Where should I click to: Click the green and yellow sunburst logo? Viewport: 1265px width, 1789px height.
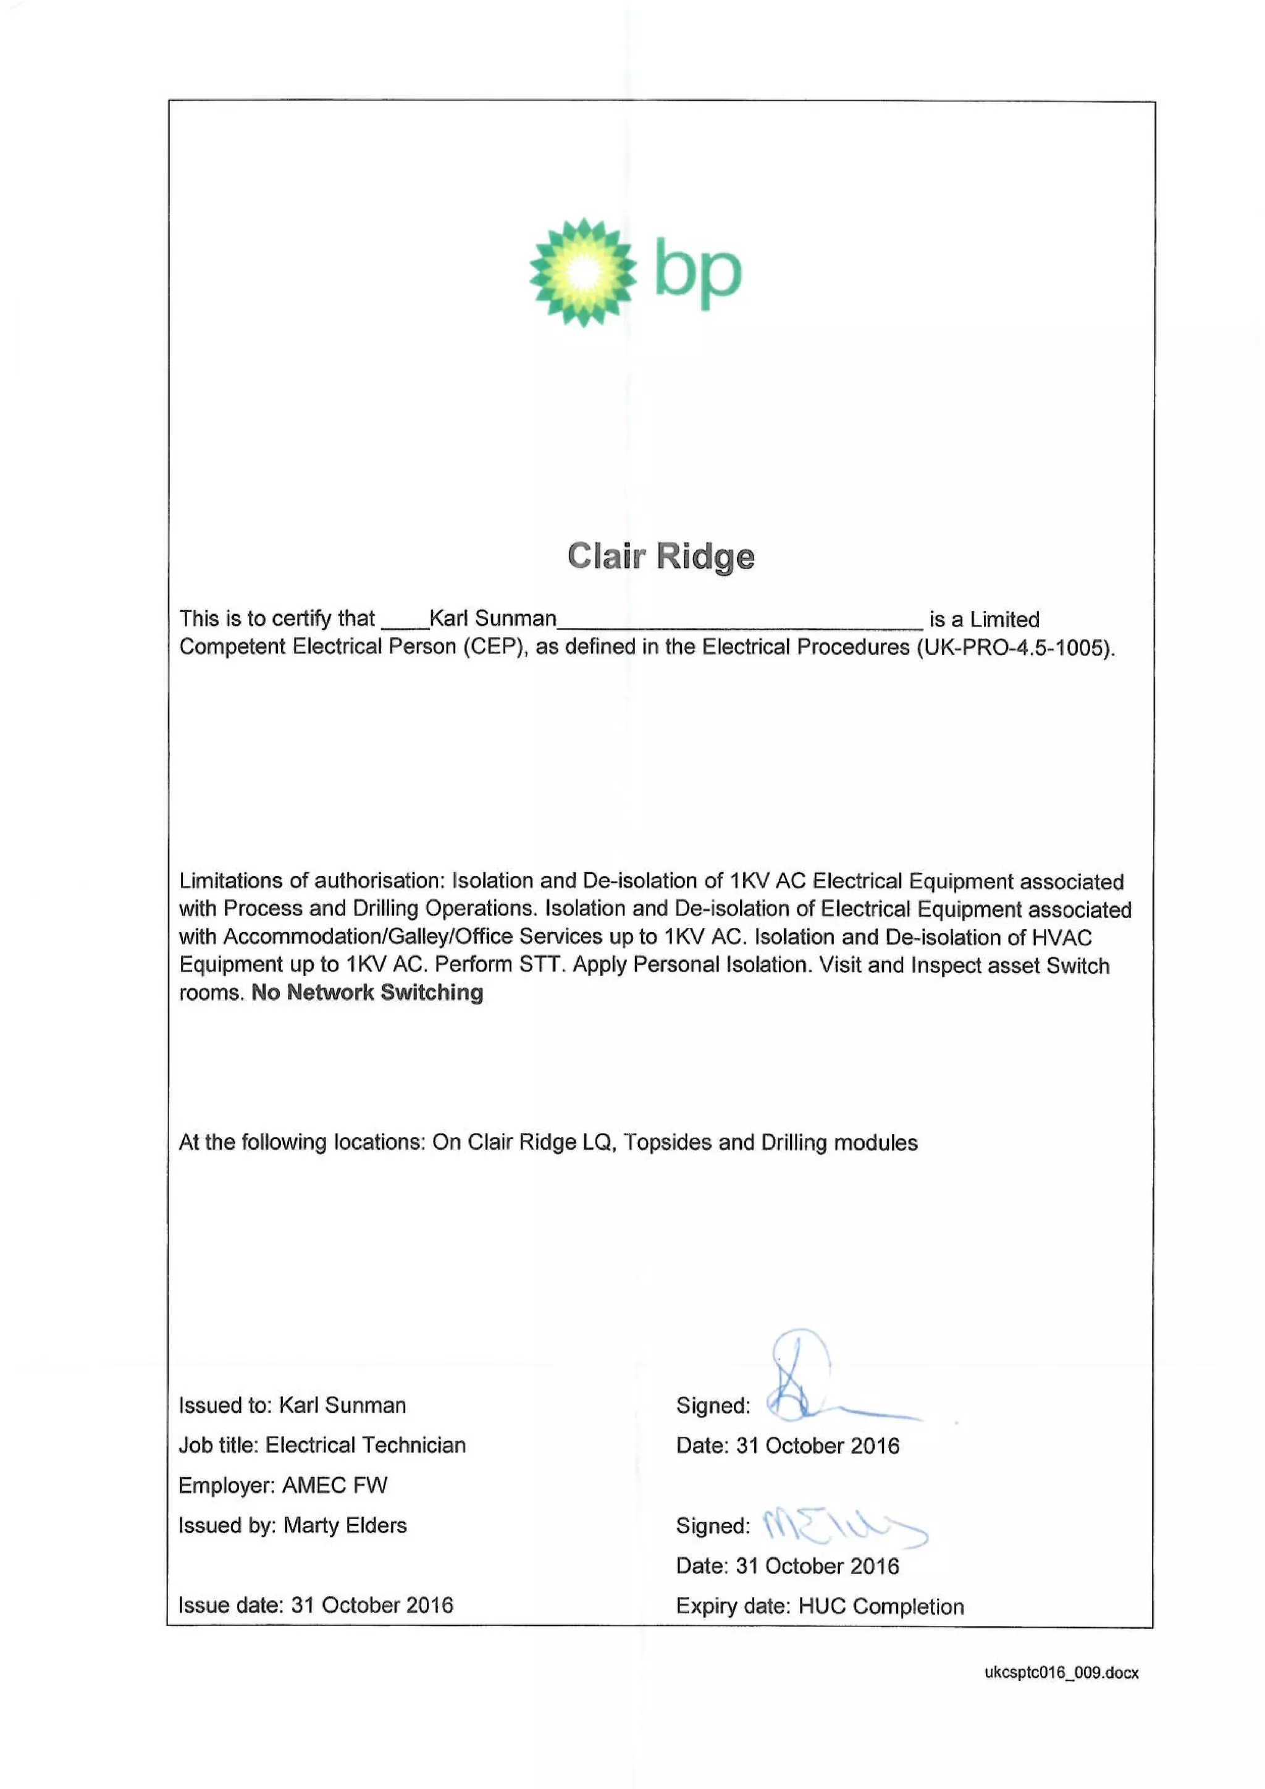(x=582, y=272)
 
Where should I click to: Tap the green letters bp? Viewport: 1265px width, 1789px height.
(x=698, y=272)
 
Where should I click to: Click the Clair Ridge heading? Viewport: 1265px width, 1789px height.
(x=660, y=557)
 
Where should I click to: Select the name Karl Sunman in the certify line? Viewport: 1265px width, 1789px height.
(x=492, y=618)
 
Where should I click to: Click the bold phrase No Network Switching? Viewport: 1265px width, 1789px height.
(x=367, y=993)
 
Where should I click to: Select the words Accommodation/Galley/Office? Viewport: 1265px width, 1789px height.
(x=368, y=937)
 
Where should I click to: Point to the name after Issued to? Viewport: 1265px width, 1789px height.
(x=342, y=1405)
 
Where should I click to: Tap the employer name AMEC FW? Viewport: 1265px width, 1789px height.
(x=334, y=1485)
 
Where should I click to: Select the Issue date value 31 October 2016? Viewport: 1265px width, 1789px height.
(x=372, y=1605)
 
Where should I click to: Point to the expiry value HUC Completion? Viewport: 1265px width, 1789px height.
(x=881, y=1606)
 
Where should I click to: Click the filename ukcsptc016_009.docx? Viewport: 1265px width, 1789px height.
(x=1061, y=1673)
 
